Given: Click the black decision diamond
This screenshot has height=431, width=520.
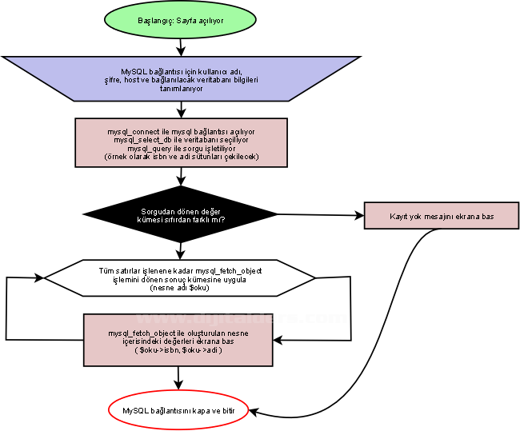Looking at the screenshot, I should pos(180,215).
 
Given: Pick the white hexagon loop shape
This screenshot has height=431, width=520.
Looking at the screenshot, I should pos(180,279).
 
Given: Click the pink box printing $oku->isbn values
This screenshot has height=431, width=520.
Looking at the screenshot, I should pos(178,341).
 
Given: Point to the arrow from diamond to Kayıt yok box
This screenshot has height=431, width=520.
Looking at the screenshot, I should pos(320,215).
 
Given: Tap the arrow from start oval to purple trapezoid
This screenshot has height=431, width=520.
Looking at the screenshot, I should pos(180,46).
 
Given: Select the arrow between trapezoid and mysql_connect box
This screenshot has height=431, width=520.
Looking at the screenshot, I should pos(180,110).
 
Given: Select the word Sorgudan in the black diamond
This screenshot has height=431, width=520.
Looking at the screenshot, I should pos(157,211).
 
